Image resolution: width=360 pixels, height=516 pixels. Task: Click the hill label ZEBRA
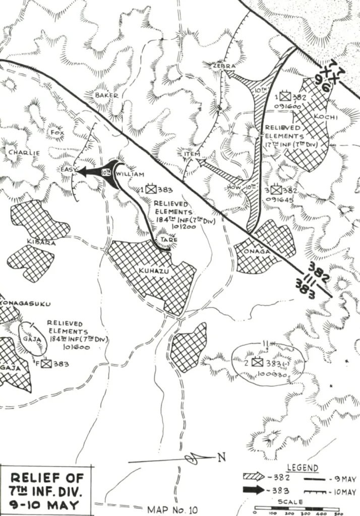coord(221,66)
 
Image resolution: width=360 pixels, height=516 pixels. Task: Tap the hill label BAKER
coord(106,95)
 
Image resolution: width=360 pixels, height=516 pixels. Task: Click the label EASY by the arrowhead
coord(68,170)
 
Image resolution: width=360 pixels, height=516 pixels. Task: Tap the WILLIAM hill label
coord(130,173)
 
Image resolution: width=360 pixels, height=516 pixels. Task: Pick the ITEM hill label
coord(192,154)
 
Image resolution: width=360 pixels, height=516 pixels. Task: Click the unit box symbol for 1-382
coord(286,95)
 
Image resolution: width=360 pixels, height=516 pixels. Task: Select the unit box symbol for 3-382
coord(275,190)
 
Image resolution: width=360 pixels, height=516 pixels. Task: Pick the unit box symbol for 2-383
coord(257,362)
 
